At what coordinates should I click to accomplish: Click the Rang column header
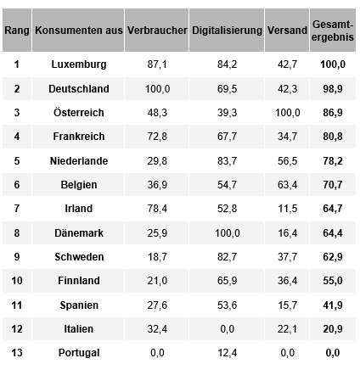(17, 31)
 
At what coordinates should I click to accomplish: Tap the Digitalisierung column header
(227, 31)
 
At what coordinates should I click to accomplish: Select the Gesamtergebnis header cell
(333, 31)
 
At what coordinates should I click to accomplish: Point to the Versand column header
(287, 31)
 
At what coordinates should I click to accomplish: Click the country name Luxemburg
(79, 64)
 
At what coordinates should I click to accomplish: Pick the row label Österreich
(79, 112)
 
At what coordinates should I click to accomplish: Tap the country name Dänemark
(79, 233)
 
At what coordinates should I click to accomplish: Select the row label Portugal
(79, 353)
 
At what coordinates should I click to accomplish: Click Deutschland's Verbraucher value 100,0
(157, 89)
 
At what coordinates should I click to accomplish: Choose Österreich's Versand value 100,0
(287, 113)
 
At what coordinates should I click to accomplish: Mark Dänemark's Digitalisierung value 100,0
(228, 233)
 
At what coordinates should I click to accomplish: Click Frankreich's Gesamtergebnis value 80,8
(333, 137)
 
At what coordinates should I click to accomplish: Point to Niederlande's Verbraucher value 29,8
(157, 161)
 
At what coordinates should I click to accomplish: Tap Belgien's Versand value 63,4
(287, 185)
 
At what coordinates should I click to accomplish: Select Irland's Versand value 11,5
(287, 209)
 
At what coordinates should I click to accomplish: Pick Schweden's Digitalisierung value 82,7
(227, 257)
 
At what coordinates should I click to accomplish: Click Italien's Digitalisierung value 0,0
(228, 329)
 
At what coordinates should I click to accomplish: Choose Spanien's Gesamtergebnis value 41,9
(333, 305)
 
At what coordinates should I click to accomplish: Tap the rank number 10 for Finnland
(17, 281)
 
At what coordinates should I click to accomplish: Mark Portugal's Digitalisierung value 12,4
(227, 353)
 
